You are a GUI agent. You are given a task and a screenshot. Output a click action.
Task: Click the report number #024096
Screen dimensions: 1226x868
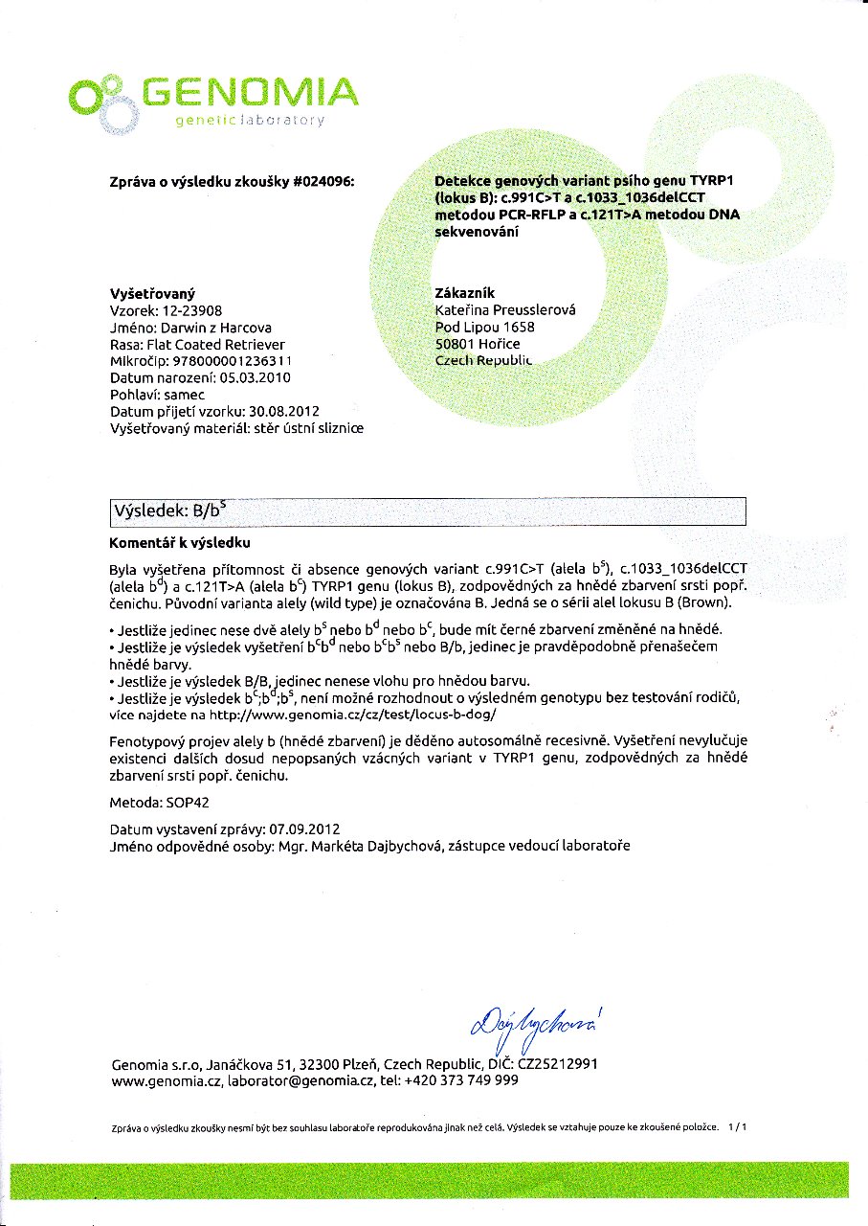(x=321, y=182)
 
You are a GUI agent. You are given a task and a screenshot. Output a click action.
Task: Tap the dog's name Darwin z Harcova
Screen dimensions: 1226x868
(x=215, y=328)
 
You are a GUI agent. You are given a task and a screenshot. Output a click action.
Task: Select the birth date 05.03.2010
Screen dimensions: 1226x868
(x=255, y=378)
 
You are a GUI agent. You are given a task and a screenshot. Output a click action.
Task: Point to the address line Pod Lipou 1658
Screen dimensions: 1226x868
(x=484, y=328)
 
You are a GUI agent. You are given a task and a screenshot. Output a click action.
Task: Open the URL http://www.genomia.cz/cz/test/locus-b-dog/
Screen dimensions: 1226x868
(x=350, y=715)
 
